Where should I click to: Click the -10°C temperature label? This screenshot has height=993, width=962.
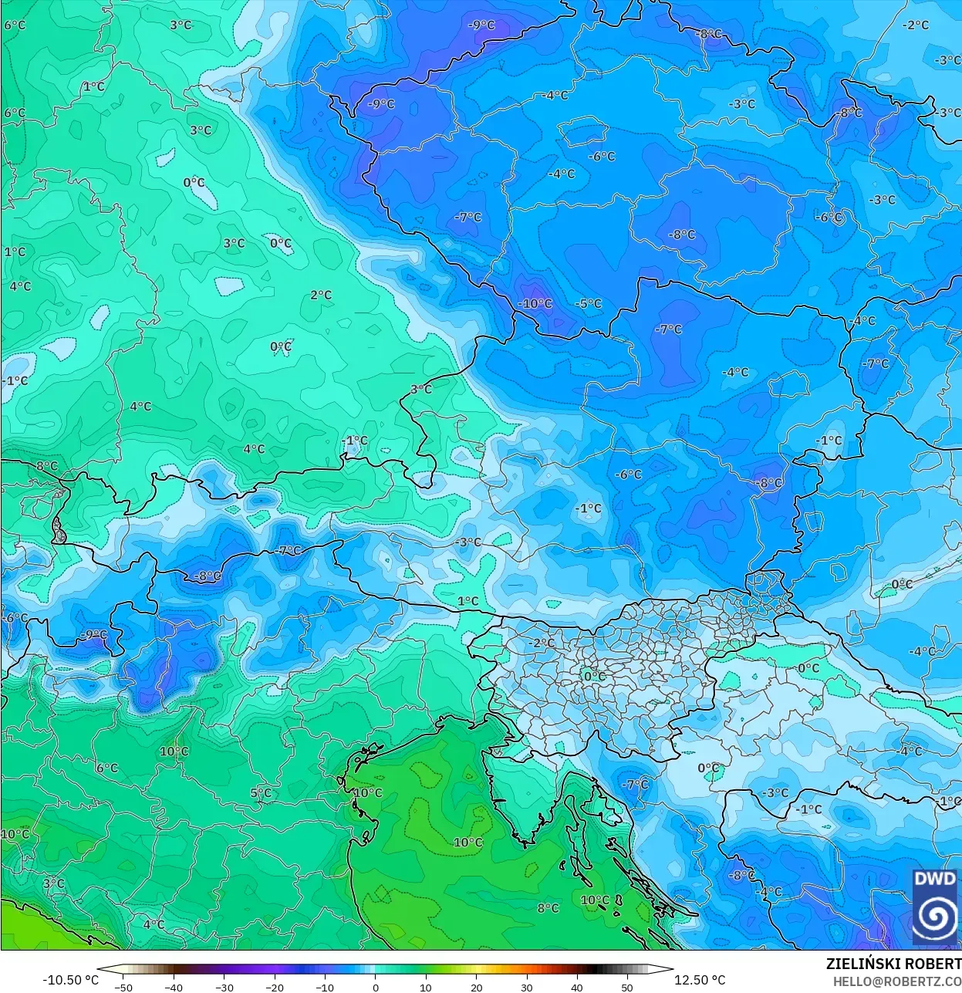pos(535,304)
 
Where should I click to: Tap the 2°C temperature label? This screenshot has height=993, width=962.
pos(321,295)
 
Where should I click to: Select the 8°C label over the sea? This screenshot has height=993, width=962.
pos(548,908)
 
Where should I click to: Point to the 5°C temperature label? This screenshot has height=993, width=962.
pos(261,792)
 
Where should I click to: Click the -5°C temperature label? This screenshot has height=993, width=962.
pos(588,303)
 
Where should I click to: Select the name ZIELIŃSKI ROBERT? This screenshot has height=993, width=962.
pos(893,964)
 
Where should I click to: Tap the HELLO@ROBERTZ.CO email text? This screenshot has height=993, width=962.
pos(896,981)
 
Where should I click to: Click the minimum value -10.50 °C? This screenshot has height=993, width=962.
pos(70,980)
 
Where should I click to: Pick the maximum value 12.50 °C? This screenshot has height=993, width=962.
pos(700,980)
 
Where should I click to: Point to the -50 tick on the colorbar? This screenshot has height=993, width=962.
pos(123,987)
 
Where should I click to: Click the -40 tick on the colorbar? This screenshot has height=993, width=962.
pos(174,987)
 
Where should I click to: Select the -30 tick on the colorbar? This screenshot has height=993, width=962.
pos(224,987)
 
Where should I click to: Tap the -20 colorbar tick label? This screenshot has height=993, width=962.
pos(275,987)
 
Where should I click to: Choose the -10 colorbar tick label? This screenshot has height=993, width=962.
pos(325,987)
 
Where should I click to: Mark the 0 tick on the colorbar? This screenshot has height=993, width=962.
pos(376,987)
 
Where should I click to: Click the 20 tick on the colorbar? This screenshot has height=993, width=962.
pos(476,987)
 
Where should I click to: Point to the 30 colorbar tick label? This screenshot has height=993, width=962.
pos(526,987)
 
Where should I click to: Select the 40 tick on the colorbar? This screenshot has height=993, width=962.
pos(576,987)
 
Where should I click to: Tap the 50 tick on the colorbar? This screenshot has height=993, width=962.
pos(626,987)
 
